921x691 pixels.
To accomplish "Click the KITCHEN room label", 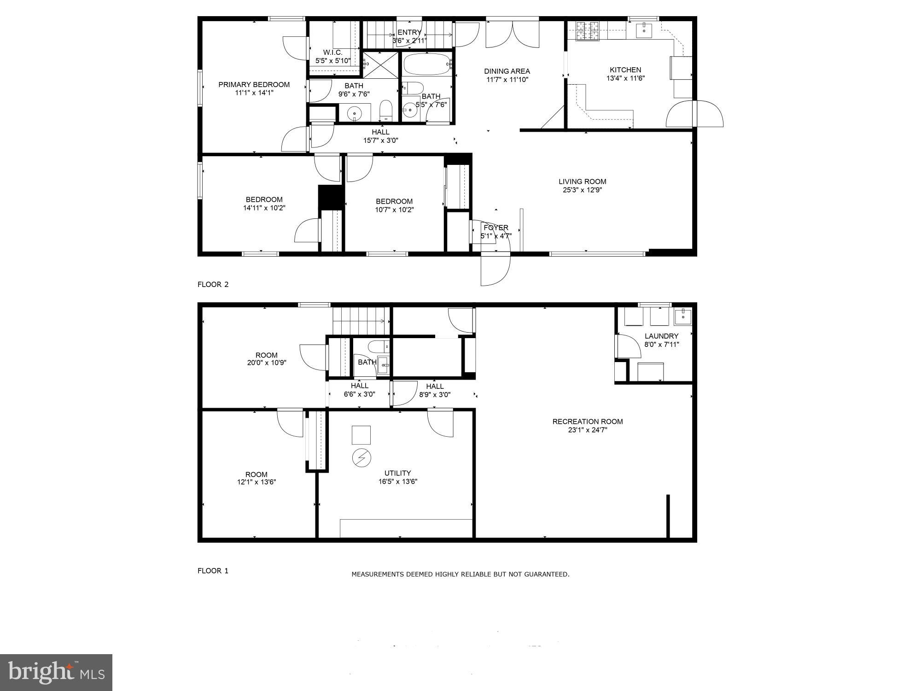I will point(625,70).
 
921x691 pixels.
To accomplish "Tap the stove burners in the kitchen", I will point(588,31).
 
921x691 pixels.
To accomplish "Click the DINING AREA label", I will point(507,71).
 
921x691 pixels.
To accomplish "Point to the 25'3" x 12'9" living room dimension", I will point(582,190).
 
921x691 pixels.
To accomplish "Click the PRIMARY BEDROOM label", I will point(254,85).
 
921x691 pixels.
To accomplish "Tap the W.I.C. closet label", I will point(332,53).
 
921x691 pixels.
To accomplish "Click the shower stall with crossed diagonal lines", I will point(380,65).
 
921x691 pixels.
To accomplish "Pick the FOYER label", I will point(496,228).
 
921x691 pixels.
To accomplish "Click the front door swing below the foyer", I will point(495,269).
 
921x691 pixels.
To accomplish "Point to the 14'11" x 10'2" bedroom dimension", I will point(264,208).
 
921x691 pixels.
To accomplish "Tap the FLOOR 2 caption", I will point(213,284).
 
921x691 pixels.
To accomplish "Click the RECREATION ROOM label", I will point(588,422).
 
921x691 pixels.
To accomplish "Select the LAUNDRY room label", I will point(661,336).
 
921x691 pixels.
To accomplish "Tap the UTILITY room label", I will point(397,473).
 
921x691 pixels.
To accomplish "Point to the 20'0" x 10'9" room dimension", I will point(266,363).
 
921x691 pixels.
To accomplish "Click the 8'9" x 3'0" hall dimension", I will point(434,395).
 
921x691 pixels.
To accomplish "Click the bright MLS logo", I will point(56,672).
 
